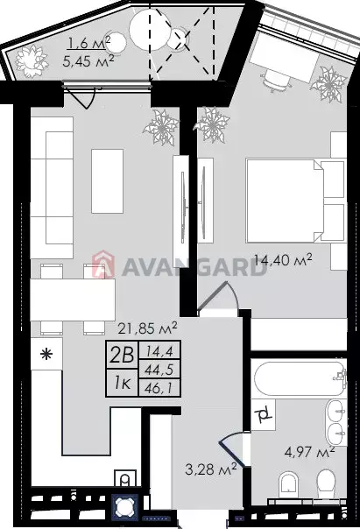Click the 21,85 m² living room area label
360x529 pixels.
147,328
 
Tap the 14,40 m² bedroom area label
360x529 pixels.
283,260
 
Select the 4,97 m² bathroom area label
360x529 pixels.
309,452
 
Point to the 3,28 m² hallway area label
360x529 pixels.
210,469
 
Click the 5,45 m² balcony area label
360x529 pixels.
88,61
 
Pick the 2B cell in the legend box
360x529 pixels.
122,355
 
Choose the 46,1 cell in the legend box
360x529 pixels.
159,388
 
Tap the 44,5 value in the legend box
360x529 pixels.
159,370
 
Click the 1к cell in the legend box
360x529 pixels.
122,383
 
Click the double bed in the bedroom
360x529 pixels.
295,201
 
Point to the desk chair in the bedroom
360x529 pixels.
277,81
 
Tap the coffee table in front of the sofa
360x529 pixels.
107,181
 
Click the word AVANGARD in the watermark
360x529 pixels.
194,267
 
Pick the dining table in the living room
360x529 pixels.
73,300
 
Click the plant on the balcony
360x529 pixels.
32,60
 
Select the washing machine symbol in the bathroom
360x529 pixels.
263,414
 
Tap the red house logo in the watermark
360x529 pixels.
102,265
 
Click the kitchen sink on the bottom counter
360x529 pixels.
125,478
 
